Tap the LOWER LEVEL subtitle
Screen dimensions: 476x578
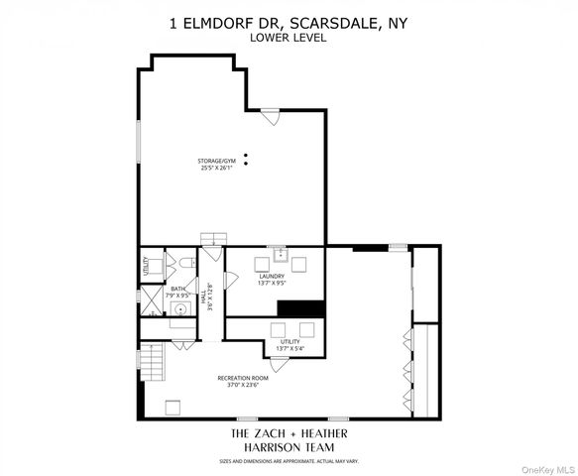coord(289,39)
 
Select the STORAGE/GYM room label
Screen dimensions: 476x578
coord(216,161)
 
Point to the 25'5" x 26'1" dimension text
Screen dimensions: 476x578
coord(216,169)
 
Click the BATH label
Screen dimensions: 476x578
coord(177,289)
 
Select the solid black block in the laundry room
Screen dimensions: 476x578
coord(297,308)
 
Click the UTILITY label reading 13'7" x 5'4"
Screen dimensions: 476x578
coord(289,343)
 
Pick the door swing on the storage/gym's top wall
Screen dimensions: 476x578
coord(270,116)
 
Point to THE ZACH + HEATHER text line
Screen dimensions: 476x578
coord(289,435)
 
